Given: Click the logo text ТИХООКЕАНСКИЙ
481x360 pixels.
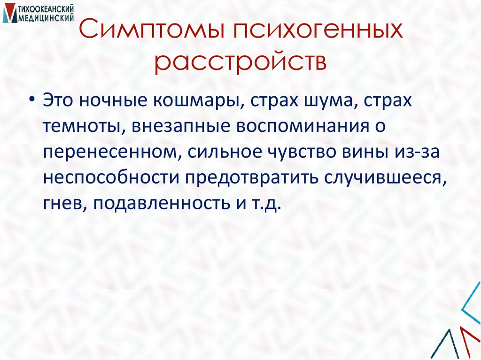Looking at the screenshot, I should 47,10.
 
